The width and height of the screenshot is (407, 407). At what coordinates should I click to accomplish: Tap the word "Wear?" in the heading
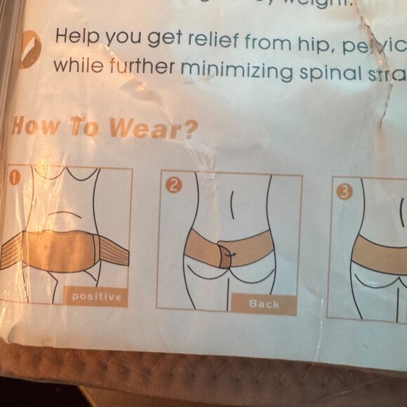tap(156, 129)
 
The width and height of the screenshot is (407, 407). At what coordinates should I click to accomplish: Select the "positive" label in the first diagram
tap(97, 297)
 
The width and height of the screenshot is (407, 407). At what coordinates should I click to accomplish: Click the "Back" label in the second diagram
tap(264, 304)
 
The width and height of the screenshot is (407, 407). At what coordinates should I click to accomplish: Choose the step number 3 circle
tap(343, 192)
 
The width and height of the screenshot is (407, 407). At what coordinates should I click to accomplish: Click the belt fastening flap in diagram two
tap(226, 253)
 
